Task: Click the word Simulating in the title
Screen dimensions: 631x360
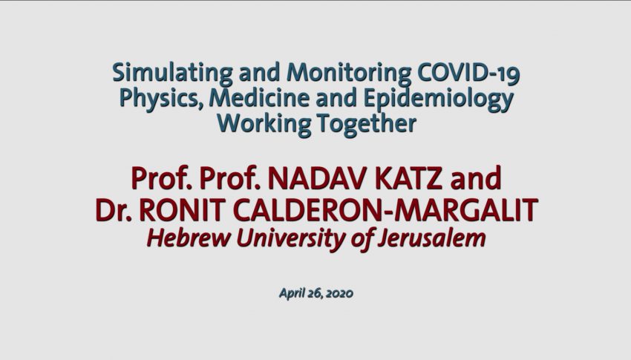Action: pyautogui.click(x=172, y=73)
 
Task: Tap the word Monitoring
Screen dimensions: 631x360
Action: pyautogui.click(x=348, y=73)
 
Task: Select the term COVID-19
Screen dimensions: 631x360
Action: pyautogui.click(x=468, y=73)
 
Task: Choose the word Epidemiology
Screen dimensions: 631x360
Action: pyautogui.click(x=438, y=99)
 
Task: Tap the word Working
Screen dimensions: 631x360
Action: pyautogui.click(x=264, y=123)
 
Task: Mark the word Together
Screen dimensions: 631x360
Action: pyautogui.click(x=367, y=123)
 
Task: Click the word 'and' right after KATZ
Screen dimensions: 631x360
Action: pyautogui.click(x=476, y=178)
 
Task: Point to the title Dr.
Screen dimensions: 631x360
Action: pyautogui.click(x=114, y=209)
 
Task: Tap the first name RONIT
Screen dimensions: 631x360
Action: pyautogui.click(x=183, y=209)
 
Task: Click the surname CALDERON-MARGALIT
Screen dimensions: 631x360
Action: pyautogui.click(x=385, y=209)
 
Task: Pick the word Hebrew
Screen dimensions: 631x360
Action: pyautogui.click(x=189, y=238)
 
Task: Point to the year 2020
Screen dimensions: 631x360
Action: pyautogui.click(x=339, y=293)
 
